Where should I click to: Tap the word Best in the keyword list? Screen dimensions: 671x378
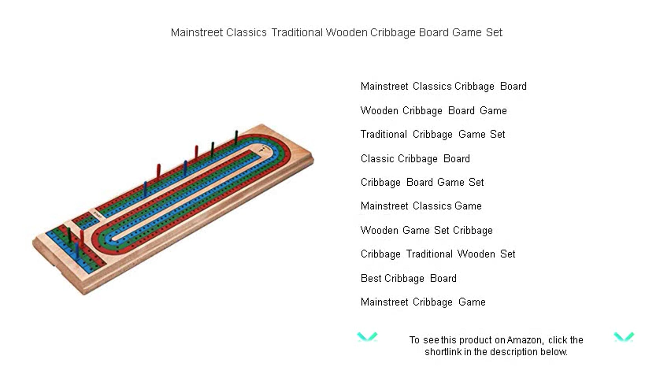(371, 278)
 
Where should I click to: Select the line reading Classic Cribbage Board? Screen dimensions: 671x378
(415, 159)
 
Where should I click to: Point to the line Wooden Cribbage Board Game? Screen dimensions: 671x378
(434, 111)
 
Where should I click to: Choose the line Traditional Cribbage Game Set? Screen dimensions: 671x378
(433, 134)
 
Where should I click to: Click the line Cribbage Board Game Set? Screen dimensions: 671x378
(422, 182)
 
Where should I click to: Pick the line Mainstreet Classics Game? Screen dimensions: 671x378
(421, 206)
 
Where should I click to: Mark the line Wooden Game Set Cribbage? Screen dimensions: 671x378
(427, 230)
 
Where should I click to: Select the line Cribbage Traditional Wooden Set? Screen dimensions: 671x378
(438, 254)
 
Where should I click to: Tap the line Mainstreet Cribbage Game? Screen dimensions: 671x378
(423, 302)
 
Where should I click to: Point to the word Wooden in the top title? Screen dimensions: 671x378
(346, 33)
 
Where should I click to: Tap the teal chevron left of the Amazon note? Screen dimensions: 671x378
(367, 337)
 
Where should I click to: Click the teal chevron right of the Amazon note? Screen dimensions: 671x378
(624, 337)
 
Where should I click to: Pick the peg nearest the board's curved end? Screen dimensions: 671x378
(236, 137)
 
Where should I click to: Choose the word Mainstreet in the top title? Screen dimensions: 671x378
(197, 33)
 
